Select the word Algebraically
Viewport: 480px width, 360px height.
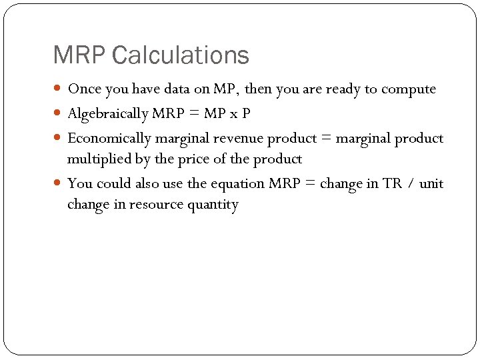(x=108, y=114)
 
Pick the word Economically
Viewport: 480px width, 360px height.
(x=109, y=139)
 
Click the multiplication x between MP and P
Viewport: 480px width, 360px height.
(x=233, y=115)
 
